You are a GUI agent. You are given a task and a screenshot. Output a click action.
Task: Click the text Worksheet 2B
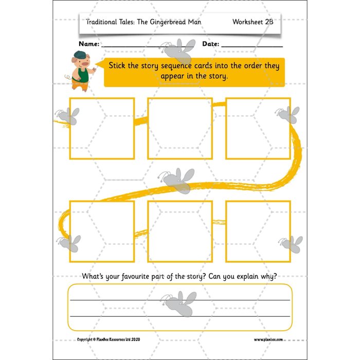click(x=251, y=22)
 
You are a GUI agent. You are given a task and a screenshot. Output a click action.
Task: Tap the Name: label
click(x=89, y=44)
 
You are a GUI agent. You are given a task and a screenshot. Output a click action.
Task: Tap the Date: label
click(x=210, y=44)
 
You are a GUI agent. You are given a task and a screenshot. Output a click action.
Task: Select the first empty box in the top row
click(x=102, y=128)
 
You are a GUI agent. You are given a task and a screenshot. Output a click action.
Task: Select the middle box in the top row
click(x=179, y=128)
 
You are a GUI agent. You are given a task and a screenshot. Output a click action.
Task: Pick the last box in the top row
click(x=258, y=128)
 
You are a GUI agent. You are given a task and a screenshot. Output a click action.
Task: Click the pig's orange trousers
click(x=78, y=85)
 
